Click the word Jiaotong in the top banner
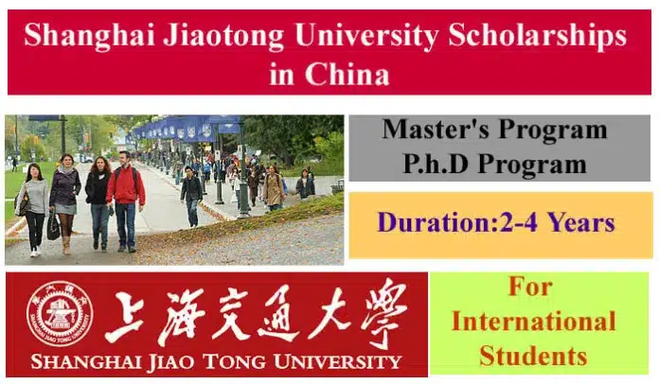223,36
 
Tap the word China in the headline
347,75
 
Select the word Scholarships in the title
537,36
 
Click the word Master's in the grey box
436,129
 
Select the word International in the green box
534,322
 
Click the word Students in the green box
533,356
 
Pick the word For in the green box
530,287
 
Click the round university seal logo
60,314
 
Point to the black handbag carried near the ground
53,227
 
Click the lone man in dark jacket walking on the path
191,196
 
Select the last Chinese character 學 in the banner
383,313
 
